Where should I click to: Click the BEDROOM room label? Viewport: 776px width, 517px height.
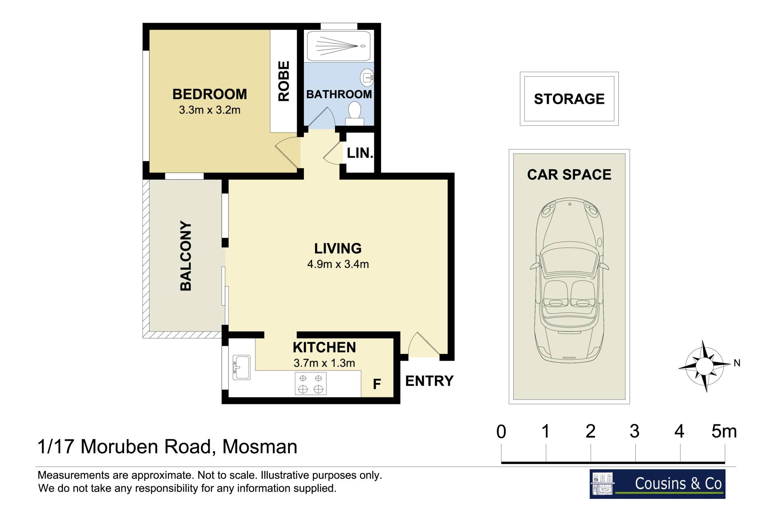pyautogui.click(x=209, y=94)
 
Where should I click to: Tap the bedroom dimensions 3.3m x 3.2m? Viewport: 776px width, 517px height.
pyautogui.click(x=209, y=110)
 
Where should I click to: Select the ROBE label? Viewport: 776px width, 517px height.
pyautogui.click(x=284, y=81)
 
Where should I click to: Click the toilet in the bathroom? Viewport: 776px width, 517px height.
pyautogui.click(x=354, y=113)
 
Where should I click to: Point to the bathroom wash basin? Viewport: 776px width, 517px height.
pyautogui.click(x=367, y=78)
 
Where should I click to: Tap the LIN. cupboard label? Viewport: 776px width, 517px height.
pyautogui.click(x=360, y=153)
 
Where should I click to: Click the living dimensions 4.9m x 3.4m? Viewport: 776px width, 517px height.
pyautogui.click(x=338, y=264)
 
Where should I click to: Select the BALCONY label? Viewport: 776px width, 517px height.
pyautogui.click(x=186, y=256)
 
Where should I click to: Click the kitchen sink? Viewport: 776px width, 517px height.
pyautogui.click(x=241, y=367)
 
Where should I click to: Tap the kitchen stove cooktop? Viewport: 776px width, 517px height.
pyautogui.click(x=310, y=383)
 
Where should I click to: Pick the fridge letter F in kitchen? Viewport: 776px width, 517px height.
pyautogui.click(x=377, y=384)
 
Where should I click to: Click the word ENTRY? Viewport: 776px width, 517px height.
pyautogui.click(x=429, y=381)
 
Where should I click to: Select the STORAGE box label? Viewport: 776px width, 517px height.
pyautogui.click(x=569, y=99)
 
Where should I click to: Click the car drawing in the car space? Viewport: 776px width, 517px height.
pyautogui.click(x=569, y=279)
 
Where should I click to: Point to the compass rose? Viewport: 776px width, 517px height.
pyautogui.click(x=704, y=366)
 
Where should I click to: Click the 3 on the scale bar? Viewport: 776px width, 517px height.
pyautogui.click(x=635, y=431)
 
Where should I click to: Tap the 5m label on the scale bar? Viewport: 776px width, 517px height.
pyautogui.click(x=724, y=431)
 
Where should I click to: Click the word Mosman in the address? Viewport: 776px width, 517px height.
pyautogui.click(x=260, y=447)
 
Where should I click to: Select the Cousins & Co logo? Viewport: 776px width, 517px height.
pyautogui.click(x=657, y=484)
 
